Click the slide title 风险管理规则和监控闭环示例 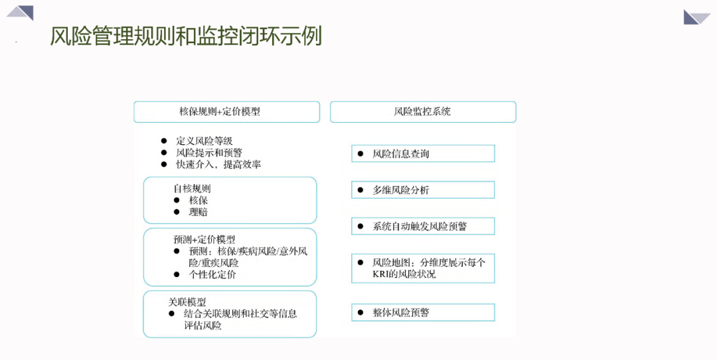[x=186, y=36]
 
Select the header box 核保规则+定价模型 [x=227, y=112]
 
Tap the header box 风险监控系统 [x=423, y=112]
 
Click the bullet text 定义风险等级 [x=204, y=141]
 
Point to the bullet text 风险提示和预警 [x=209, y=153]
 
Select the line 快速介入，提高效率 [x=218, y=165]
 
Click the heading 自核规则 [x=192, y=189]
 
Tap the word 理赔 [x=199, y=213]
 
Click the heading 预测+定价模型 [x=204, y=239]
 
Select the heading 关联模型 [x=187, y=302]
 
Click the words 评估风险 [x=203, y=325]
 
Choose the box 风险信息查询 [x=423, y=153]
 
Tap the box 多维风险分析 [x=423, y=190]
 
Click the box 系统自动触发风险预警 [x=423, y=226]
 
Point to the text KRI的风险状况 [x=404, y=274]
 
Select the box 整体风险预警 [x=423, y=312]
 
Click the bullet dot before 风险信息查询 [x=360, y=153]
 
